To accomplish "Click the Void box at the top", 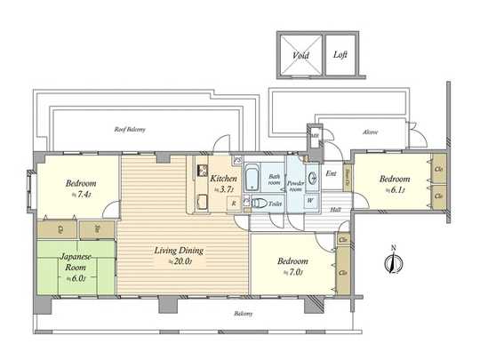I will [x=299, y=53].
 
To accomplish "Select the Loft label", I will [x=340, y=53].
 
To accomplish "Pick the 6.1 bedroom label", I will [x=396, y=184].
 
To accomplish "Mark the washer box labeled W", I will [x=310, y=200].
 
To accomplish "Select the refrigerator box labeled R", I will [x=233, y=204].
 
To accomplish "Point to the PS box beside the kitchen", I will [x=238, y=160].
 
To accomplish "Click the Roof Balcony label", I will [x=130, y=130].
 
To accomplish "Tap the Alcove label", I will [x=370, y=132].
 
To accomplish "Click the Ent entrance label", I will [x=331, y=174].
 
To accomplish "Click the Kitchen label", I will [x=223, y=179].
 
